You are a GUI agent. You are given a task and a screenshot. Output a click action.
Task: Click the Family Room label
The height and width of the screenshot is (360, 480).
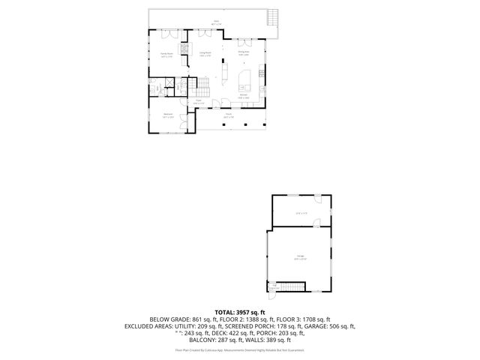(165, 54)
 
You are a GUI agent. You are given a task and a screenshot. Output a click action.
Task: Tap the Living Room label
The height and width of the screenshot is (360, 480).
(205, 52)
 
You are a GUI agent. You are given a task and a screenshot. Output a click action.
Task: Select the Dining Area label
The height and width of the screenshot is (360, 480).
(243, 52)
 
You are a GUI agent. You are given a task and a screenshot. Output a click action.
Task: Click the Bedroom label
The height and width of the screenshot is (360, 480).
(169, 114)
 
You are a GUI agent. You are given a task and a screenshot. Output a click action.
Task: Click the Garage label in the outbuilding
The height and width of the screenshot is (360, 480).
(299, 256)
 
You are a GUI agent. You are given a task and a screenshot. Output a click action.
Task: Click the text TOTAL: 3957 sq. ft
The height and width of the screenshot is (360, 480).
(239, 312)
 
